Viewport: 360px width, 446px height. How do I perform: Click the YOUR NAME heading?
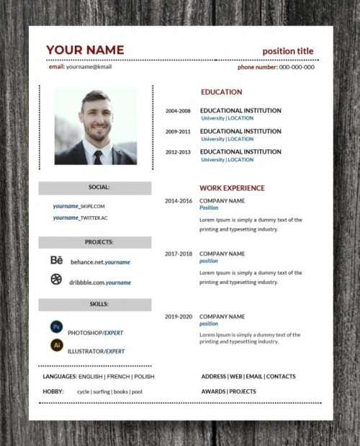coord(85,50)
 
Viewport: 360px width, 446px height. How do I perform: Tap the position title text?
coord(288,51)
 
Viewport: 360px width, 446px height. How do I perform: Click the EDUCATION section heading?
coord(221,92)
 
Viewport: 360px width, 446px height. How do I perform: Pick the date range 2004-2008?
coord(178,111)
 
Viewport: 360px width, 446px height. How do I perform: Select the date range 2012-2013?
coord(178,152)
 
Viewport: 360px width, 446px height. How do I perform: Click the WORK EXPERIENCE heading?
coord(232,187)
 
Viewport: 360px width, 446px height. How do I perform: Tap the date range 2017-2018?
coord(179,254)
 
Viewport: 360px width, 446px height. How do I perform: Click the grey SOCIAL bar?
coord(95,187)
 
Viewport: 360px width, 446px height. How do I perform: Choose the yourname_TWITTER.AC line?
coord(80,218)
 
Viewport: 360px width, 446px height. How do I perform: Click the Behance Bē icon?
coord(56,261)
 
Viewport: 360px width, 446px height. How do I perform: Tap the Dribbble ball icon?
coord(56,282)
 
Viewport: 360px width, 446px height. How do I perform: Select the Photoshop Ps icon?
coord(56,326)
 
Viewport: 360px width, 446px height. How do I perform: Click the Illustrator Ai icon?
coord(56,345)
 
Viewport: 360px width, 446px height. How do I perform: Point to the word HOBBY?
coord(53,391)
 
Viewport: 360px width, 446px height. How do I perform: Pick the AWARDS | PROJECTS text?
coord(228,391)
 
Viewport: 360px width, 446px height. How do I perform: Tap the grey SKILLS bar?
coord(95,305)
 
